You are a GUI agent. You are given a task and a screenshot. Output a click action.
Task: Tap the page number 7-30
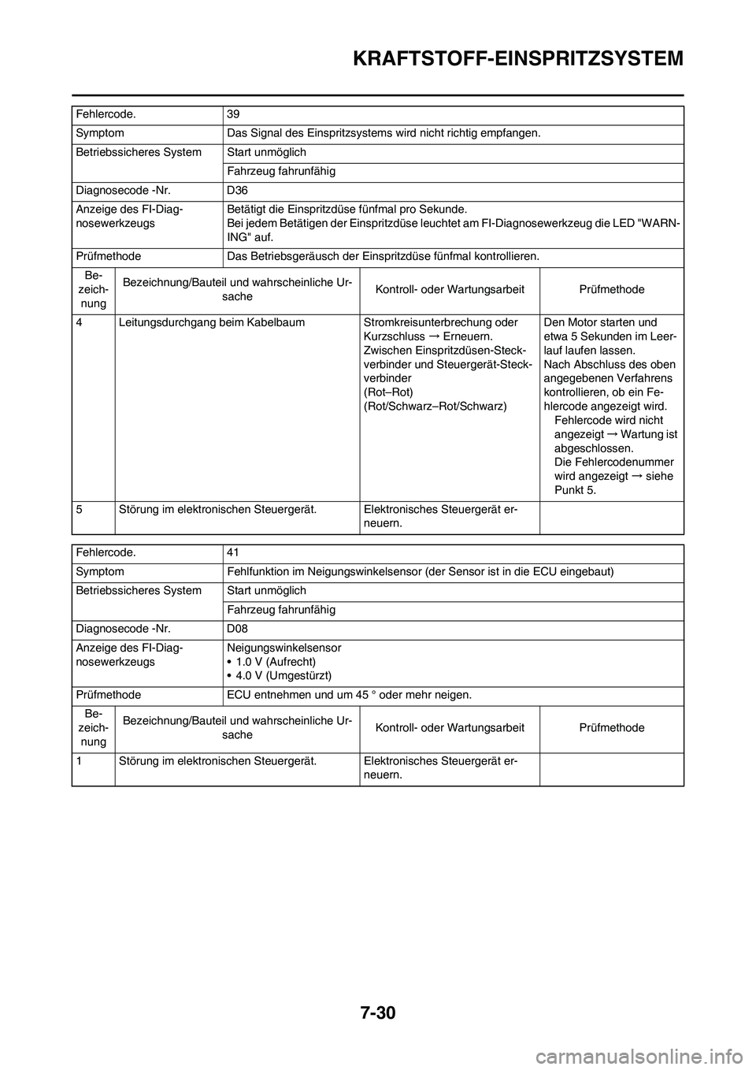click(378, 1009)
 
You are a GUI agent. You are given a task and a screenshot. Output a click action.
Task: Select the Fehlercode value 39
click(233, 113)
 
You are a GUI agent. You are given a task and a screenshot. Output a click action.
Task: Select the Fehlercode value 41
click(232, 552)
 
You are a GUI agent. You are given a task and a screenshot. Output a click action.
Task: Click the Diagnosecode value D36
click(237, 190)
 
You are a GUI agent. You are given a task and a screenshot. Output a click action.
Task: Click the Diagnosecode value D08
click(237, 628)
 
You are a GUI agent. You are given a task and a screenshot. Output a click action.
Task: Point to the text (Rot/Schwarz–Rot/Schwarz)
click(435, 406)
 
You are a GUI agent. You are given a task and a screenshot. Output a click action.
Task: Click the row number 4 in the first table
click(80, 322)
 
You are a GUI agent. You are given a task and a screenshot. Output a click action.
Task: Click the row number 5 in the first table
click(80, 508)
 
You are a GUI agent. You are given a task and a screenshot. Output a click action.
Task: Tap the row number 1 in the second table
click(80, 760)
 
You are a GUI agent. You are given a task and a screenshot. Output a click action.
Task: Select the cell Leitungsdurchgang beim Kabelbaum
click(212, 322)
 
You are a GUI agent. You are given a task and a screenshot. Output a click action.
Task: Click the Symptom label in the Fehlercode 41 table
click(100, 570)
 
